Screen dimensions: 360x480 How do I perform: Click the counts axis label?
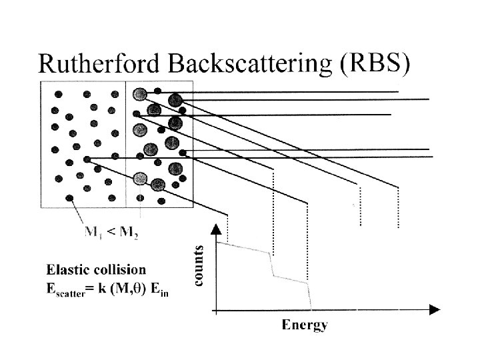(x=199, y=265)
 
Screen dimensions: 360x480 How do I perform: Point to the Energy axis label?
(x=304, y=325)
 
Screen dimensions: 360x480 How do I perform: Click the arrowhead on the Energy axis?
(x=435, y=310)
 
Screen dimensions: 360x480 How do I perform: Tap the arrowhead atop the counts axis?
(x=216, y=231)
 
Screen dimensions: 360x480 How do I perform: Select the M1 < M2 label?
(x=113, y=233)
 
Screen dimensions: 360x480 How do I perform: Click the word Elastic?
(x=67, y=270)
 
